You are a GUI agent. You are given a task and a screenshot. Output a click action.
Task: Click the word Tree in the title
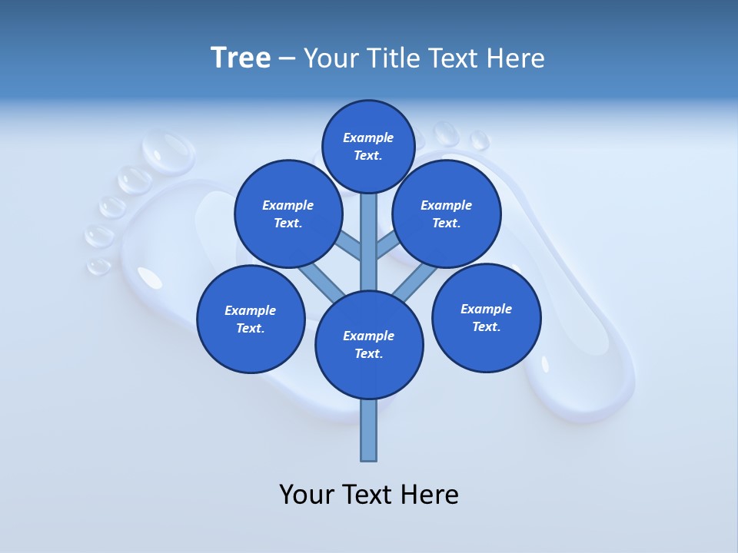241,58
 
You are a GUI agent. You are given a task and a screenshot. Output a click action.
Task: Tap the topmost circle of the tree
368,146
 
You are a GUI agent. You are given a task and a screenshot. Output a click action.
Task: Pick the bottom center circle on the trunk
369,345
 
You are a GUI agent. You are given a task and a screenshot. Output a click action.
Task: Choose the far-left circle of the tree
251,319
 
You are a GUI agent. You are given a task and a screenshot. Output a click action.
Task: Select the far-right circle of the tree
486,317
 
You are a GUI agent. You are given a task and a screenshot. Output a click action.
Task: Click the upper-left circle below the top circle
288,214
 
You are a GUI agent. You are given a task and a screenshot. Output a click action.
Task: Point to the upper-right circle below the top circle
447,214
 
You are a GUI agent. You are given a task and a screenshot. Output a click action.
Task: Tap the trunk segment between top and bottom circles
369,242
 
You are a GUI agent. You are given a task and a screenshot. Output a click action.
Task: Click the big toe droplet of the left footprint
169,149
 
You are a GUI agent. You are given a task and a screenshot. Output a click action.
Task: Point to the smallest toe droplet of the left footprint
99,266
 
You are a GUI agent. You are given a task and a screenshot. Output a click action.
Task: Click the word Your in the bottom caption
307,495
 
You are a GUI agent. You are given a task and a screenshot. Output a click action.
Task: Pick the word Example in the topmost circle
368,138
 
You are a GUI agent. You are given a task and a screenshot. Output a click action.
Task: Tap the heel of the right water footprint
584,384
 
